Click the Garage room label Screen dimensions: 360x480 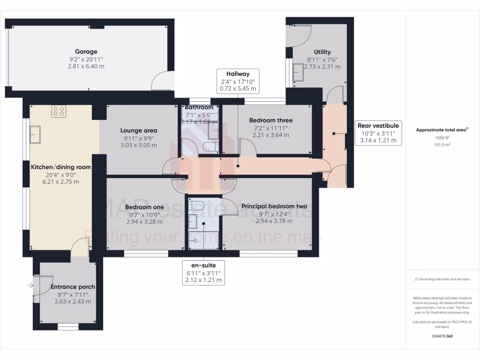(86, 52)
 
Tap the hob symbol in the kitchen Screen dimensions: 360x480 (59, 111)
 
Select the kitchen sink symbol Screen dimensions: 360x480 (36, 135)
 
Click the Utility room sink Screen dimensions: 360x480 (298, 73)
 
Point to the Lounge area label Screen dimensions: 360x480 (138, 130)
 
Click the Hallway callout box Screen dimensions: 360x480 (238, 81)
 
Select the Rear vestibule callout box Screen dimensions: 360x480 (378, 133)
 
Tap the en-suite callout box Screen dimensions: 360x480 (204, 272)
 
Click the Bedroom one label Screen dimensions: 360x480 (145, 207)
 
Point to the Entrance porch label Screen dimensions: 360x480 (73, 287)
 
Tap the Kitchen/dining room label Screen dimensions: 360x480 (61, 167)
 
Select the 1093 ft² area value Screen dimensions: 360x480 (442, 138)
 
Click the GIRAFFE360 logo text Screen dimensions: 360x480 (442, 336)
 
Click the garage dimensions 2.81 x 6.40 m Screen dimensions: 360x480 (86, 67)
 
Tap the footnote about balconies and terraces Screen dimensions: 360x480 (442, 279)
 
